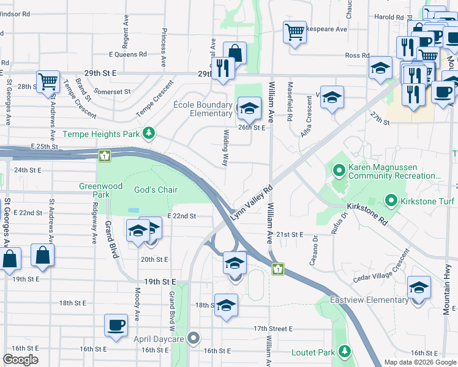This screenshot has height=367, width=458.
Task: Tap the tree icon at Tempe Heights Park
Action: (148, 133)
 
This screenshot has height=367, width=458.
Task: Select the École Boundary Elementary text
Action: (202, 109)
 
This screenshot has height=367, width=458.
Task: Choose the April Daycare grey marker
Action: (195, 337)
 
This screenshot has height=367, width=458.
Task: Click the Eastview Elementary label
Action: (369, 300)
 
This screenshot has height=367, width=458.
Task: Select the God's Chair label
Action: (156, 190)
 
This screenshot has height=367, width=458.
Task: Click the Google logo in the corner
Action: (20, 360)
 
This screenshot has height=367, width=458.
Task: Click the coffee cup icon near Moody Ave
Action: (115, 324)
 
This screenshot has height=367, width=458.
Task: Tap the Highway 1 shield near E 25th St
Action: (105, 156)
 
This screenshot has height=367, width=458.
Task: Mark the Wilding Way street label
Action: (225, 147)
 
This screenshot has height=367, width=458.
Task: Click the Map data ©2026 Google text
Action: (420, 362)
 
